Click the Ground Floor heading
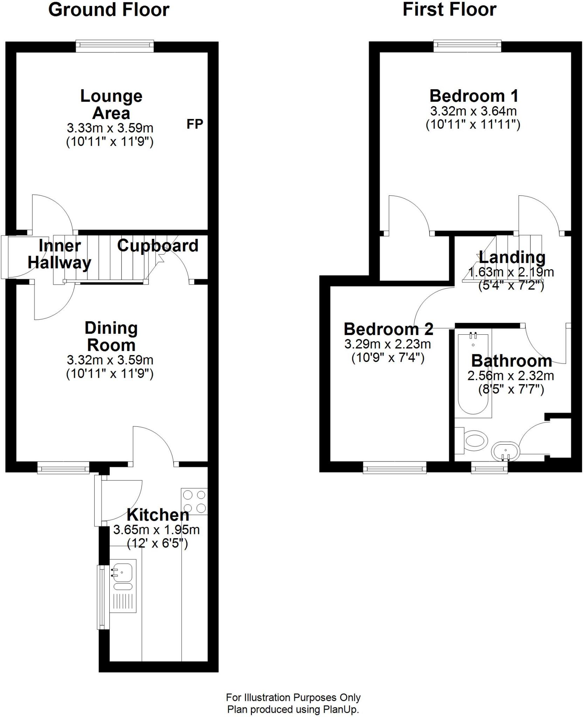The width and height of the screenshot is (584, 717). (x=109, y=10)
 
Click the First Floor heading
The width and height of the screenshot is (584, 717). (x=449, y=9)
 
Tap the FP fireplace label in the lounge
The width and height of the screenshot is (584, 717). (x=195, y=124)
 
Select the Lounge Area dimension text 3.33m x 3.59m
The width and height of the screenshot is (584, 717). (x=110, y=128)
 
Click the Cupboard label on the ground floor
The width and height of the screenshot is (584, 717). (x=158, y=246)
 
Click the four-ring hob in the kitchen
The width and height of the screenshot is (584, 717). (x=194, y=501)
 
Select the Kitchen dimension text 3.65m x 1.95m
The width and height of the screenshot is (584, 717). (x=156, y=530)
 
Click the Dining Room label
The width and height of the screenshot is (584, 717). (x=111, y=337)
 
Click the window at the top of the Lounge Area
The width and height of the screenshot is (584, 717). (x=115, y=46)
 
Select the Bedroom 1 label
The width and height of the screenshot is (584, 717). (x=474, y=96)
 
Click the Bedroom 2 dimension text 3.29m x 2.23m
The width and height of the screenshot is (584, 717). (x=387, y=344)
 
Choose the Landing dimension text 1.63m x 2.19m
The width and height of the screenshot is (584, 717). (x=511, y=272)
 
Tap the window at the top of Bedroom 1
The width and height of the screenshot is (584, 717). (x=467, y=46)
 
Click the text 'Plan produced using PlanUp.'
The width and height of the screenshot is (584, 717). (x=293, y=710)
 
